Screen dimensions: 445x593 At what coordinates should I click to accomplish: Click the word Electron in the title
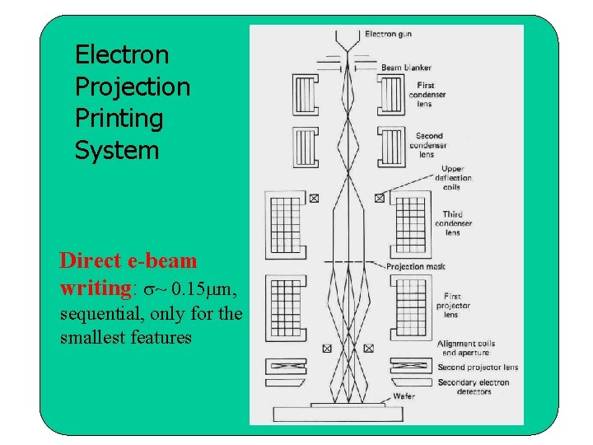121,55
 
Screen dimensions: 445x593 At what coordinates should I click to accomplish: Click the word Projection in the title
132,87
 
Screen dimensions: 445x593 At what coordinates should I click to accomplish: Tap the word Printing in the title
119,119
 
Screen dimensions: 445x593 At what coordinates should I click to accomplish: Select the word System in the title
116,151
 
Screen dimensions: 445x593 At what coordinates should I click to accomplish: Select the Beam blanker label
406,68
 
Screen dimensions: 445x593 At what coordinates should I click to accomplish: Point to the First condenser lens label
427,94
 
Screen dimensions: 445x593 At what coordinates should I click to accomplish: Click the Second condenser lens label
428,145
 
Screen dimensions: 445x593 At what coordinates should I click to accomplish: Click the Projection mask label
416,266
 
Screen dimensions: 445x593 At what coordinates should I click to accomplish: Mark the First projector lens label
453,305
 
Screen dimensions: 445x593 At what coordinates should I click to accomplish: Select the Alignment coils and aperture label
467,349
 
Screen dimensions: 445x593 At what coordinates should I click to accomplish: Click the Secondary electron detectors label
473,386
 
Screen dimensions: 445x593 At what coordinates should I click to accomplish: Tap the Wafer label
404,396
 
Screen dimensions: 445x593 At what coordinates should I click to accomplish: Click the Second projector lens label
478,368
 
